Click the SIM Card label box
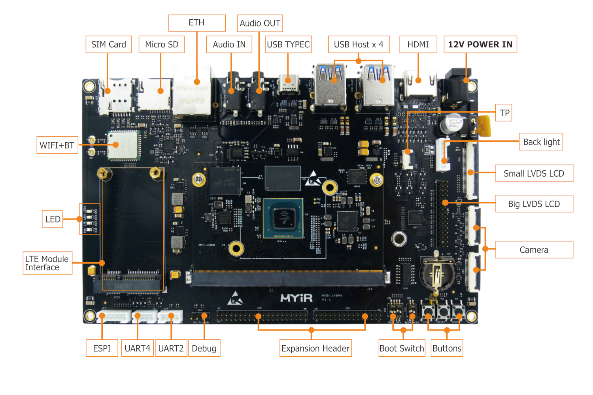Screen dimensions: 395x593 click(x=108, y=44)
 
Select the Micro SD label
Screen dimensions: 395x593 click(x=161, y=44)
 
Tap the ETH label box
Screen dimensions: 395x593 click(x=196, y=23)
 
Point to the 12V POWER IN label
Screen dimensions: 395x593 click(x=480, y=44)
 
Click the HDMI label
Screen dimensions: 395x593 click(x=418, y=44)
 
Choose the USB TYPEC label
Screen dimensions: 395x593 click(x=288, y=44)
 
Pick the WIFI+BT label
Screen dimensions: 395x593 click(x=57, y=145)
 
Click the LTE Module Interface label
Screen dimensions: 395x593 click(x=47, y=263)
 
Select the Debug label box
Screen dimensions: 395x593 click(x=204, y=348)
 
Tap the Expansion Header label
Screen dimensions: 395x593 click(x=315, y=348)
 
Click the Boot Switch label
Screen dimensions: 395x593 click(x=402, y=348)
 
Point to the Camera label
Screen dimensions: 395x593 click(x=534, y=250)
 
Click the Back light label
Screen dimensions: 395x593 click(x=541, y=142)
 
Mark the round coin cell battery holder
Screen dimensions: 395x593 click(x=436, y=273)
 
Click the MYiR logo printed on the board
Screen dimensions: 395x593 click(x=296, y=298)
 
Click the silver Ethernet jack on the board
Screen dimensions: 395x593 click(x=193, y=93)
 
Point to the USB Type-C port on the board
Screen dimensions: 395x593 click(x=288, y=83)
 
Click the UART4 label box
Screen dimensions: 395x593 click(x=137, y=348)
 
